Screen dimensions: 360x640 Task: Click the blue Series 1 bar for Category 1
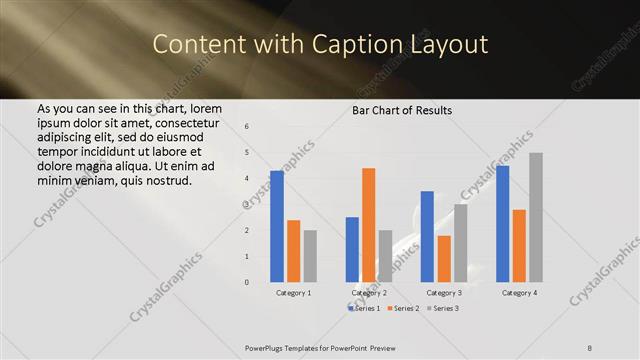coord(277,226)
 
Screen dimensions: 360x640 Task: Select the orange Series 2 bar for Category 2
coord(369,225)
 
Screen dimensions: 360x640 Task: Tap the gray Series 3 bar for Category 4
coord(536,217)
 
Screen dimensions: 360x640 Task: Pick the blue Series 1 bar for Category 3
coord(427,236)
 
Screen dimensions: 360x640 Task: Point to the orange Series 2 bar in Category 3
coord(444,259)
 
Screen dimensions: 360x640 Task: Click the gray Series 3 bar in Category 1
coord(310,256)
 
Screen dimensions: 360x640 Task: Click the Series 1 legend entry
coord(364,309)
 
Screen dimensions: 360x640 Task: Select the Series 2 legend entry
coord(402,309)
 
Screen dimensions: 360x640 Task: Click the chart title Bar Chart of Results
coord(402,110)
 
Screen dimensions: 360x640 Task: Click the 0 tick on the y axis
coord(247,282)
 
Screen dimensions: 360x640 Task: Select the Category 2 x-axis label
coord(369,293)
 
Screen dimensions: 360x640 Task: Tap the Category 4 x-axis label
coord(519,293)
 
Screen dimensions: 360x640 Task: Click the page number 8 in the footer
coord(590,347)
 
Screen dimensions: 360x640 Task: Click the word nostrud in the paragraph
coord(165,180)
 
